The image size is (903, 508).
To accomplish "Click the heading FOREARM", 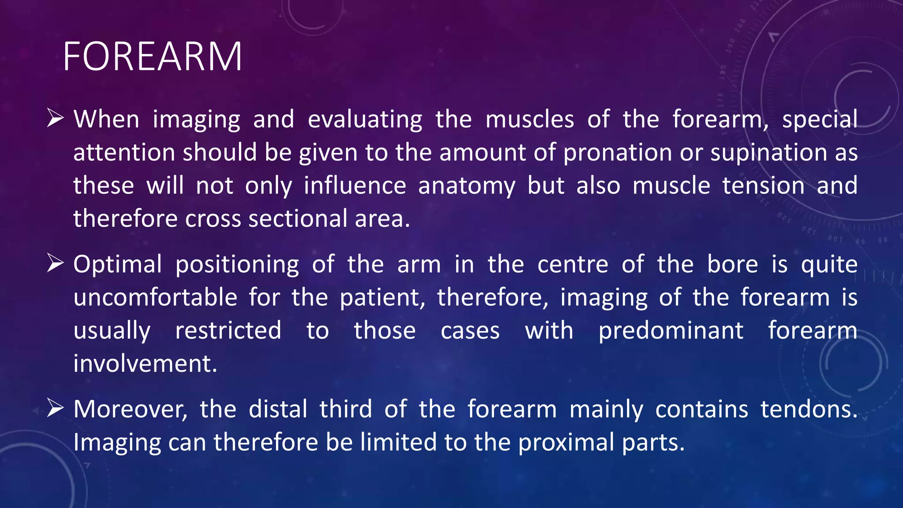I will coord(152,56).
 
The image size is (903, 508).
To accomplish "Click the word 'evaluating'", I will coord(365,120).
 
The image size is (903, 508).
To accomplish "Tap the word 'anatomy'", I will coord(466,186).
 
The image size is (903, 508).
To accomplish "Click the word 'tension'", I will coord(763,185).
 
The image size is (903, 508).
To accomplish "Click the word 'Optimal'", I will coord(118,265).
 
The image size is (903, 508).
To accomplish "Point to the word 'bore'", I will coord(732,265).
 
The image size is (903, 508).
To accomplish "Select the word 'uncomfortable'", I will coord(155,297).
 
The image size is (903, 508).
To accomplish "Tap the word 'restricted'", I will coord(228,330).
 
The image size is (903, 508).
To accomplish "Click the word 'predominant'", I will coord(670,331).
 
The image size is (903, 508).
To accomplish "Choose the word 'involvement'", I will coord(144,364).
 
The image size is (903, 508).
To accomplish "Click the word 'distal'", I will coord(278,409).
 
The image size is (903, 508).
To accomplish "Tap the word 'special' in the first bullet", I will coord(820,120).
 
